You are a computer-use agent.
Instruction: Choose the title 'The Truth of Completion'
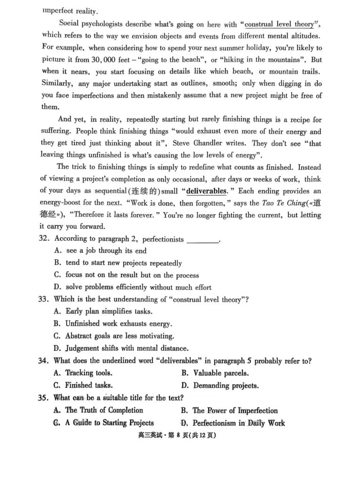104,410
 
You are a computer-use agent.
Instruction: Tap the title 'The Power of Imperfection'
235,410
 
